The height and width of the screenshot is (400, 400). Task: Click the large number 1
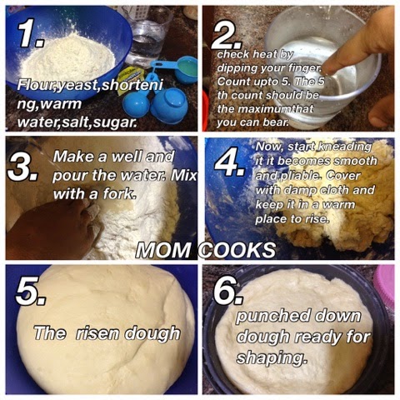(30, 33)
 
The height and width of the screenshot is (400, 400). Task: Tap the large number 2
(227, 36)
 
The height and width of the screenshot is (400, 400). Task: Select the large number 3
(22, 167)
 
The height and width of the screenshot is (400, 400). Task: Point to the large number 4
(230, 162)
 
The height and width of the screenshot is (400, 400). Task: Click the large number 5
(31, 292)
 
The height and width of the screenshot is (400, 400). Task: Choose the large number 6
(228, 291)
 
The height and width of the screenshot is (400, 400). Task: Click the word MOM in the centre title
(163, 250)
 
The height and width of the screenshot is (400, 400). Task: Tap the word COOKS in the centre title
(237, 250)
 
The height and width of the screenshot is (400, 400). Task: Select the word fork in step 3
(120, 193)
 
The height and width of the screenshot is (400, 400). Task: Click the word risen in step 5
(98, 332)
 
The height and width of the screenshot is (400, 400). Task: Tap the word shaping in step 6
(272, 357)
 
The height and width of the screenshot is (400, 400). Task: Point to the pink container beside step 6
(386, 286)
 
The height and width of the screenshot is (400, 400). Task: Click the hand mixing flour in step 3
(52, 227)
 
